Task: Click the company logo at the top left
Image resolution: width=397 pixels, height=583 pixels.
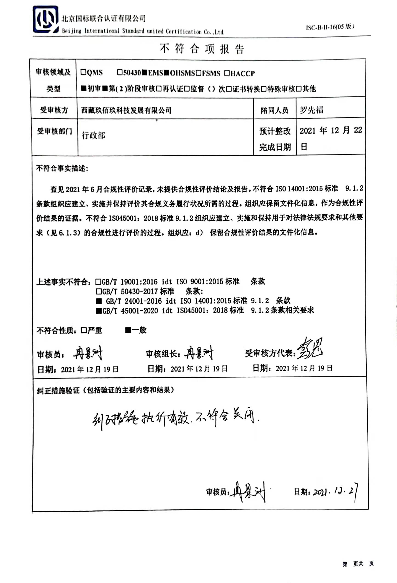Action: click(45, 20)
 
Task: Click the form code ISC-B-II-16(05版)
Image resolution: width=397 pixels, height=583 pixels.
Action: click(330, 27)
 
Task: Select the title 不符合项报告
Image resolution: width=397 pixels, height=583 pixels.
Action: click(202, 48)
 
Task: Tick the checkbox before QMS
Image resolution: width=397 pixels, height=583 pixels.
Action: click(83, 72)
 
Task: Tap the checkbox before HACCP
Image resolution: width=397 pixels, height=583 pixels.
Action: click(227, 73)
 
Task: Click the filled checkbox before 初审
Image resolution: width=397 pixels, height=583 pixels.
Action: click(84, 88)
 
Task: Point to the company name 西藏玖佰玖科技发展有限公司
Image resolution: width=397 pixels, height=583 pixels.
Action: click(126, 110)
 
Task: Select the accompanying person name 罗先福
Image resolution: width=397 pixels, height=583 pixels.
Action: click(311, 110)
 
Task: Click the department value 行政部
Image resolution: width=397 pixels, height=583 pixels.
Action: click(94, 135)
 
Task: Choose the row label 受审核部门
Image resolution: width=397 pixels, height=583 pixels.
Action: click(54, 131)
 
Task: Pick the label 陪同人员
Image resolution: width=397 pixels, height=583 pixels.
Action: click(274, 110)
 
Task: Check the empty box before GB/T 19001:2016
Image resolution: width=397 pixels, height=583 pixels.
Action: click(98, 282)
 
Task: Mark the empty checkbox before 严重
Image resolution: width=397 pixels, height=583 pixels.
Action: click(84, 330)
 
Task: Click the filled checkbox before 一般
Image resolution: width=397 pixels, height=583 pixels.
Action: click(128, 330)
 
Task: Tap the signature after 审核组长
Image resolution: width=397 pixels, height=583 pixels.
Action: click(198, 353)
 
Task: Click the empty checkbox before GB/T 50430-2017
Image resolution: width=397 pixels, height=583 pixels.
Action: click(98, 291)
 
